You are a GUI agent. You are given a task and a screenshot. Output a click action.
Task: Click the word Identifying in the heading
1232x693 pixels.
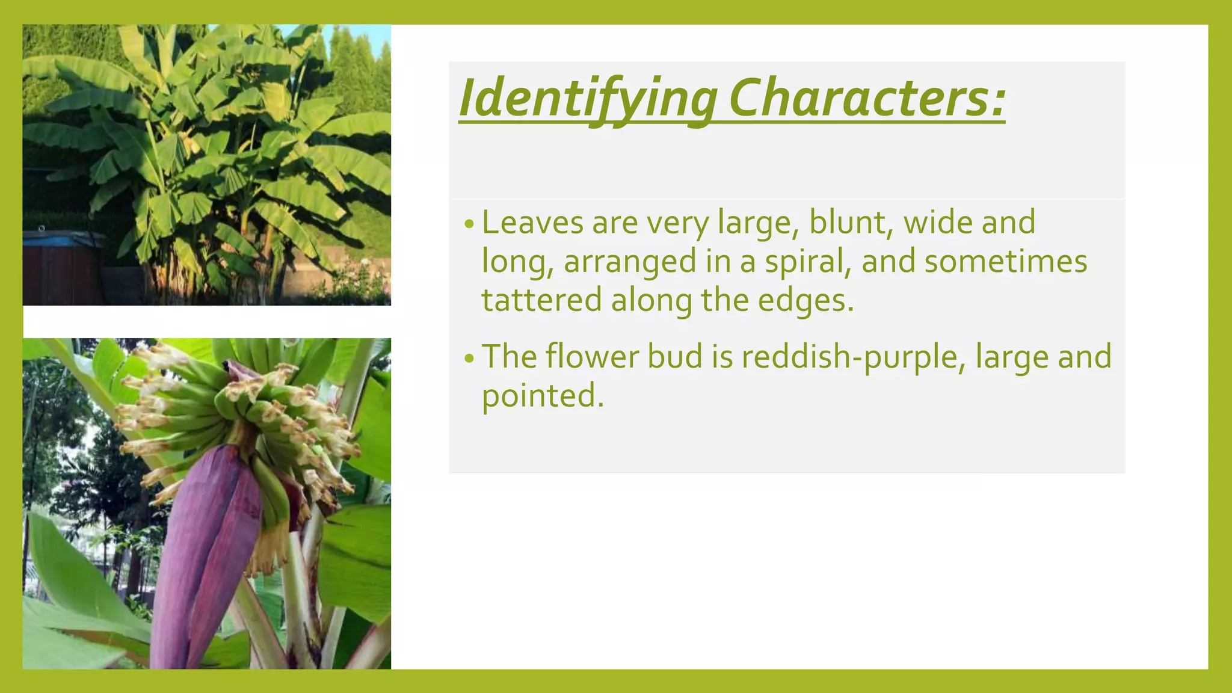[x=587, y=99]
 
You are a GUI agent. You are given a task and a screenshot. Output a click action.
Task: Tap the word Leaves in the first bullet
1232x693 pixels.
[x=532, y=223]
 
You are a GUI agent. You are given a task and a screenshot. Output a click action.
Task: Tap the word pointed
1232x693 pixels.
[x=541, y=396]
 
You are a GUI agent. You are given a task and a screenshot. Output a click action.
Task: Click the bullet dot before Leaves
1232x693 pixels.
[x=469, y=225]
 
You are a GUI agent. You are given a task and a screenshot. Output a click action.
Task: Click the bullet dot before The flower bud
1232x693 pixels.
[x=469, y=359]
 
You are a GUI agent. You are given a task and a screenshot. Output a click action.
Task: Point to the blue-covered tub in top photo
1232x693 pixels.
[x=60, y=241]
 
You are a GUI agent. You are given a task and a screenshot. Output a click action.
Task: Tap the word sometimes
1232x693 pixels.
[x=1005, y=262]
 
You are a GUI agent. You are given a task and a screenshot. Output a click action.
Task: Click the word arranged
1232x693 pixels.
[x=629, y=262]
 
